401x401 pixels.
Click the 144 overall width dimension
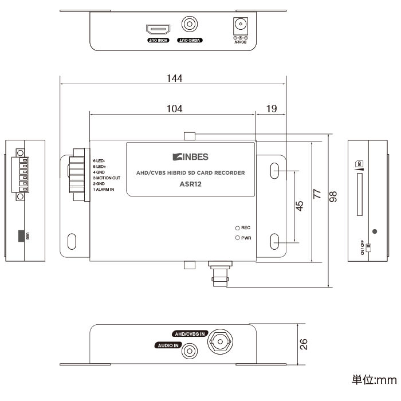click(174, 79)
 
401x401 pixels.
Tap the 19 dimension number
click(271, 108)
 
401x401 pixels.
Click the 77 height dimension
click(317, 194)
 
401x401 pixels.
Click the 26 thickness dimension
click(305, 343)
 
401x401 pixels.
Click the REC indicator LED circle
click(237, 227)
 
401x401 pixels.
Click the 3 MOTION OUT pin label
click(107, 178)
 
